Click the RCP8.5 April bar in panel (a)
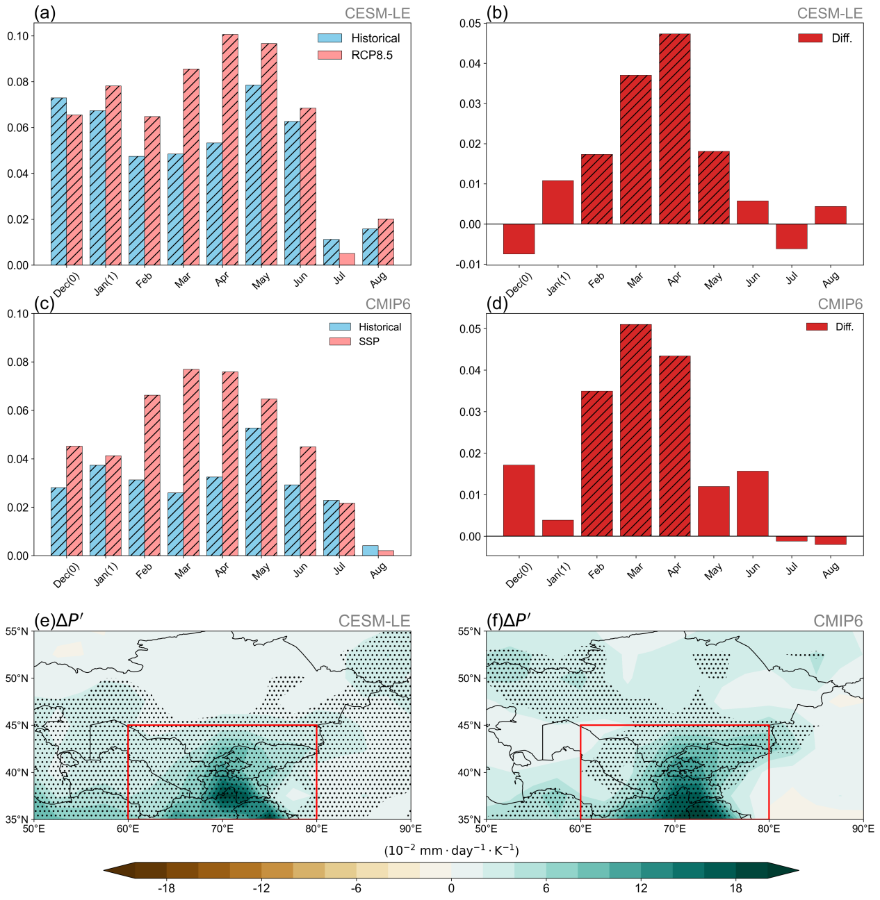coord(230,149)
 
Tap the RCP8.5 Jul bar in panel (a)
coord(347,259)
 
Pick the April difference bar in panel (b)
coord(674,129)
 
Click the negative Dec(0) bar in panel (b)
coord(519,239)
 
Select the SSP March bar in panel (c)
coord(191,462)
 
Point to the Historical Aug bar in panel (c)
coord(370,550)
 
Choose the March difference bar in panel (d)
coord(635,431)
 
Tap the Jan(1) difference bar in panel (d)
coord(557,528)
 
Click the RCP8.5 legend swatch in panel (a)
coord(329,55)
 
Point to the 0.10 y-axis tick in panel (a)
coord(18,36)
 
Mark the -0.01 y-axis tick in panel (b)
coord(469,265)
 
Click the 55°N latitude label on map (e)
coord(17,631)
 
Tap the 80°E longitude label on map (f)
coord(769,828)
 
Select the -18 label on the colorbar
coord(166,888)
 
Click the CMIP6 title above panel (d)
coord(840,304)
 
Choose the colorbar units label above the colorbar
coord(451,851)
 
